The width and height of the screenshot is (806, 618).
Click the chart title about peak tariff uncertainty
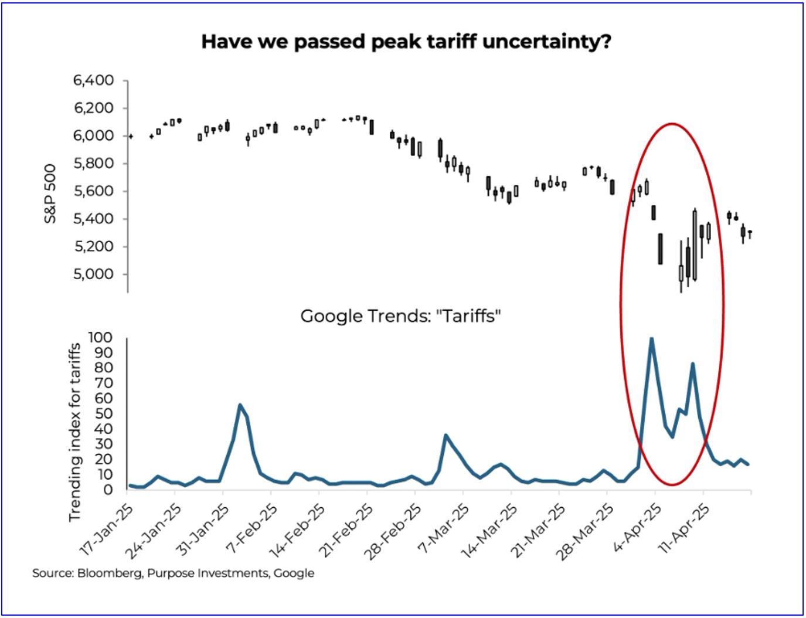[x=406, y=42]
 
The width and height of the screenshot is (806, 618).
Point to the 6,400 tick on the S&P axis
[x=94, y=80]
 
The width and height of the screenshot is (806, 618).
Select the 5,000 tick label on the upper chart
[x=94, y=274]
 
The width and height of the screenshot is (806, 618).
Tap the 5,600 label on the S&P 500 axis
[x=94, y=191]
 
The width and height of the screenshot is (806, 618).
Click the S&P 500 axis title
[x=50, y=193]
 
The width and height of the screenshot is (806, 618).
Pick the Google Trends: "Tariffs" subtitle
[x=400, y=317]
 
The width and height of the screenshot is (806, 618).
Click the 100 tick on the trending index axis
[x=100, y=338]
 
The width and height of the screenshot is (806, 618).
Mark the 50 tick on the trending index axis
[x=104, y=414]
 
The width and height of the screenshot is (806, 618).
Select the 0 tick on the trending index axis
[x=108, y=490]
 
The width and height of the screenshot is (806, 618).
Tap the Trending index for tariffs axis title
[x=74, y=432]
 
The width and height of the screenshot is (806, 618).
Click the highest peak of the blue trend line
[x=651, y=338]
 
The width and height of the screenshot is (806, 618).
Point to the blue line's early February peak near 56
[x=240, y=405]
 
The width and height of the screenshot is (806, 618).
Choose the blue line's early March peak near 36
[x=445, y=435]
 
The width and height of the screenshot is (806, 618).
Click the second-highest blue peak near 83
[x=693, y=364]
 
